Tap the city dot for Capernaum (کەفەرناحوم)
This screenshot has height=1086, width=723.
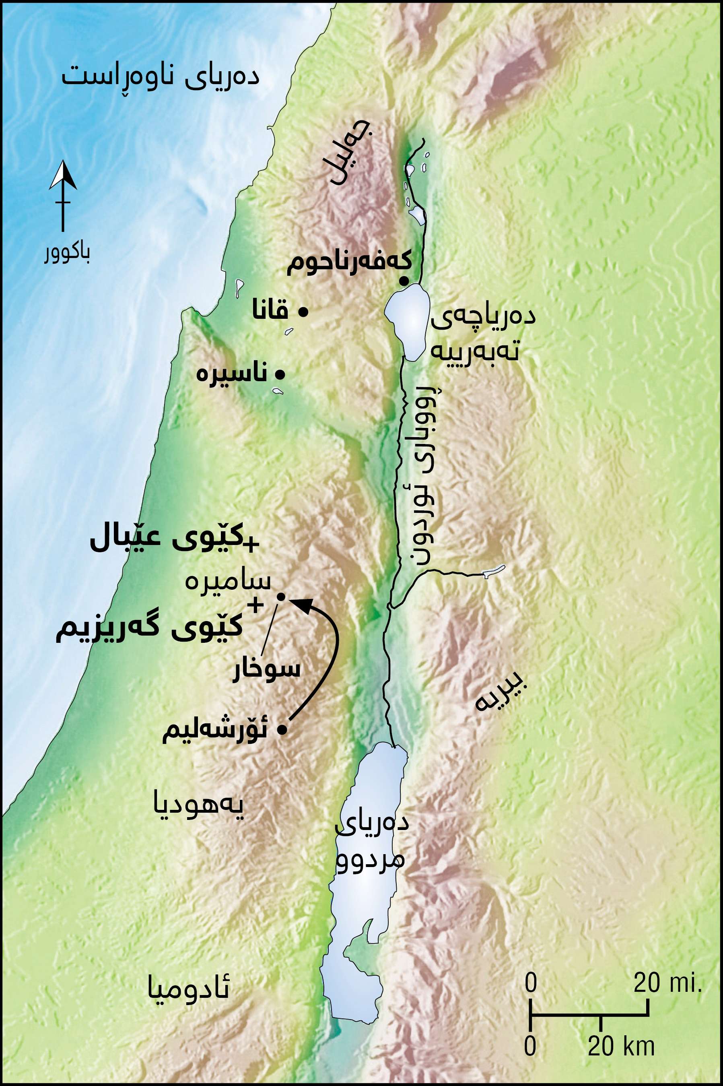pyautogui.click(x=404, y=281)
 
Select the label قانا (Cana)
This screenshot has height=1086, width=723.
pyautogui.click(x=270, y=311)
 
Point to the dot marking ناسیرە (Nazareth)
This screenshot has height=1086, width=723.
pyautogui.click(x=280, y=374)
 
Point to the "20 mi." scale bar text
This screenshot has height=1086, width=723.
pyautogui.click(x=667, y=983)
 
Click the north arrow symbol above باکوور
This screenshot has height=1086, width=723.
pyautogui.click(x=63, y=196)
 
